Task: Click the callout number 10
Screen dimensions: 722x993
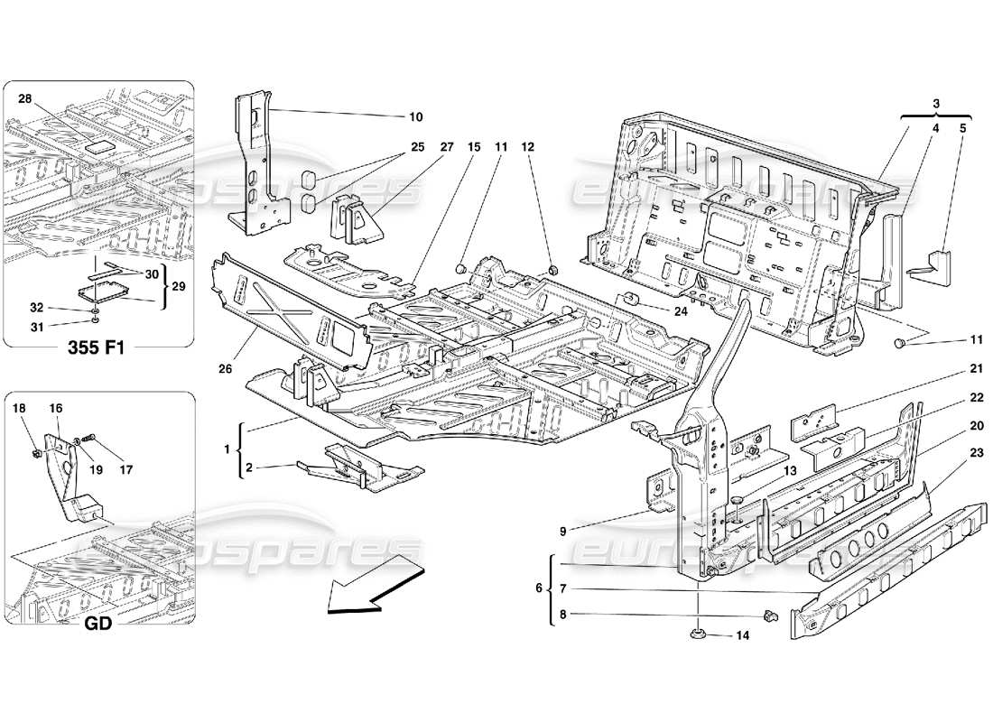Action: tap(415, 116)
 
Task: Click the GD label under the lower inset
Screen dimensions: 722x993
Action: tap(98, 623)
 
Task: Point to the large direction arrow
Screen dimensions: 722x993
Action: tap(375, 588)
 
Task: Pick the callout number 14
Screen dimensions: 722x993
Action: tap(742, 635)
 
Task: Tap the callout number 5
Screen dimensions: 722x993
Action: tap(962, 128)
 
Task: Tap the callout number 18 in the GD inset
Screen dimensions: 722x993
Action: tap(23, 409)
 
